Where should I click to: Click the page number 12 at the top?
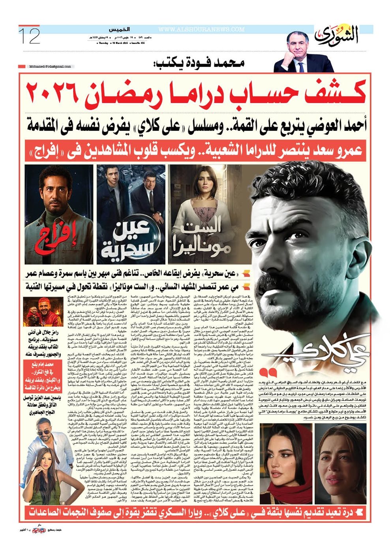(x=30, y=35)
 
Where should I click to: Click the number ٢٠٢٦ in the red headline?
(x=55, y=92)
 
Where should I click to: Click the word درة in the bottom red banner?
(x=354, y=513)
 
